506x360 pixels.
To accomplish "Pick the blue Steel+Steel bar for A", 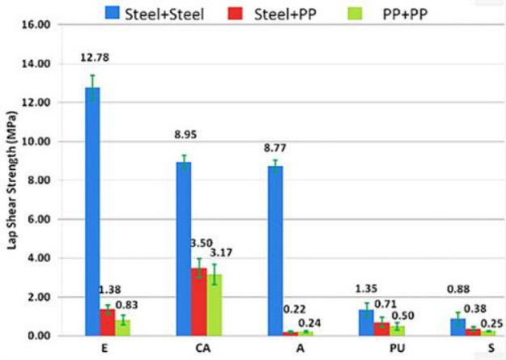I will pos(275,250).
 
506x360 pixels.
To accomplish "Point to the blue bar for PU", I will pos(367,322).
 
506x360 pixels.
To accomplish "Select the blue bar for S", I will pos(458,327).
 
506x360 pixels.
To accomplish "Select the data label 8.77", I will pos(275,148).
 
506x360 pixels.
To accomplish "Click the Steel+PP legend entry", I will pos(267,11).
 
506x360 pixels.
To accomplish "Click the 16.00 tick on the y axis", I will pos(38,25).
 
